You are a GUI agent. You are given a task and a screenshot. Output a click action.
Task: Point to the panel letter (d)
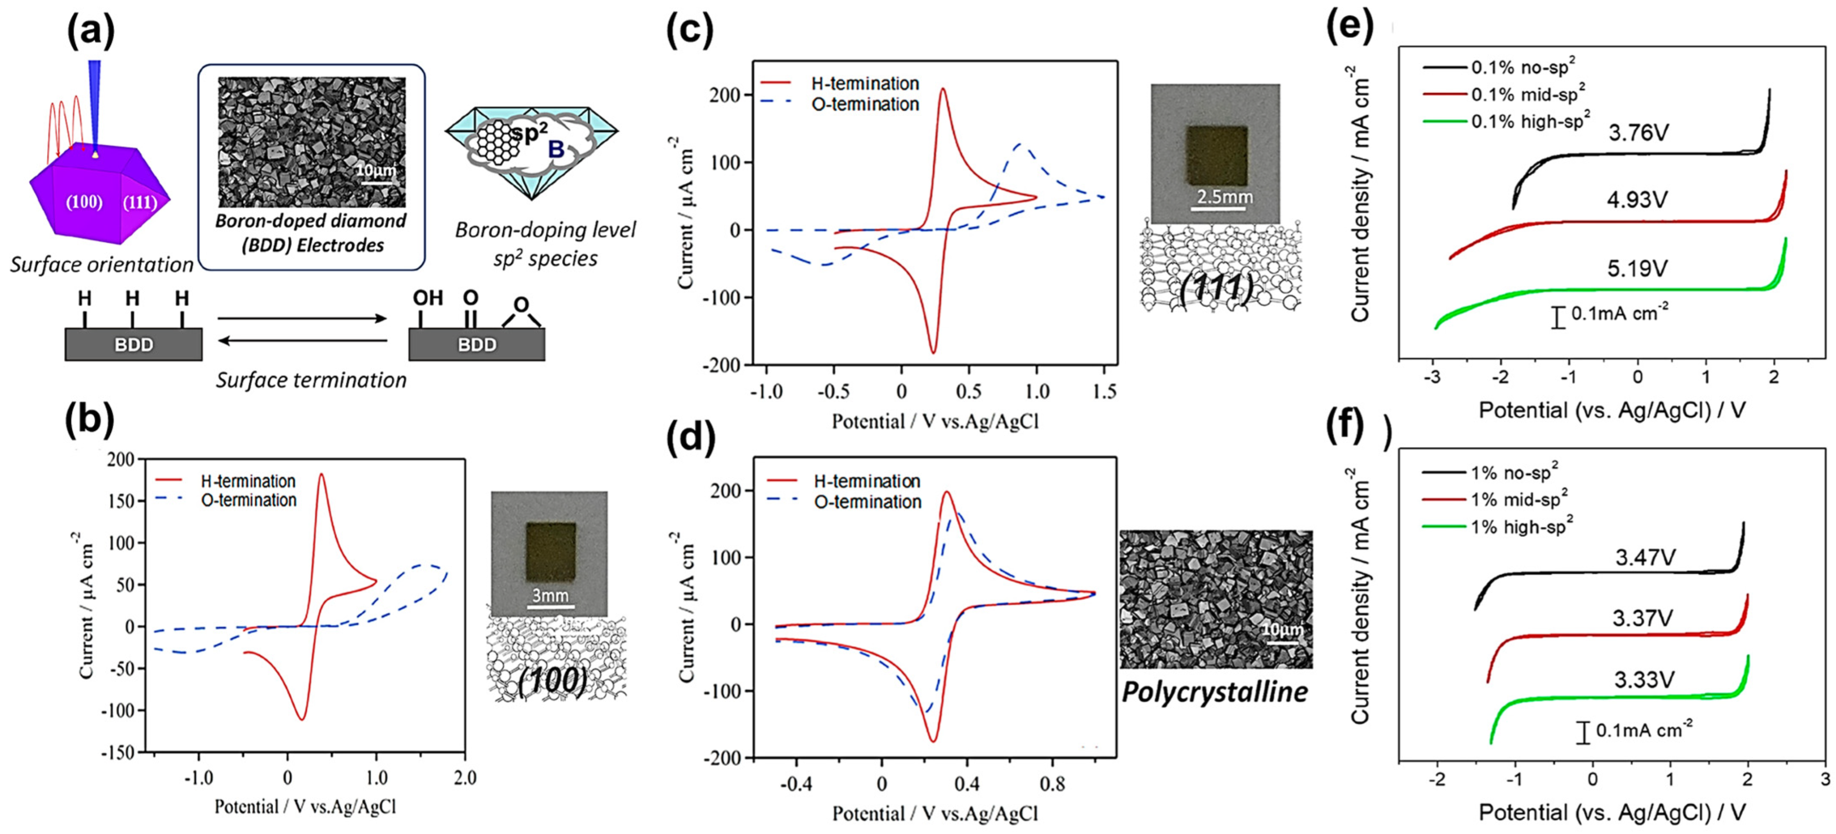click(689, 438)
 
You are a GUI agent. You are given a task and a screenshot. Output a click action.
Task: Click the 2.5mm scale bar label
click(1224, 197)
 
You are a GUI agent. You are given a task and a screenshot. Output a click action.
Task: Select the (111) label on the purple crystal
click(139, 202)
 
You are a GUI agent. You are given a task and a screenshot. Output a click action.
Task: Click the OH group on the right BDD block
click(427, 298)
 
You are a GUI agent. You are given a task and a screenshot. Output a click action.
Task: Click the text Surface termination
click(312, 380)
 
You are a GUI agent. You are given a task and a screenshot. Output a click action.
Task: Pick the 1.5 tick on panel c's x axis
click(1104, 391)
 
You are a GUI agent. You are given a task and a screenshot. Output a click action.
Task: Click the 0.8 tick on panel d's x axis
click(1052, 784)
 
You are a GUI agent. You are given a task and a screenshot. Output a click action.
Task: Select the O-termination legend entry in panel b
click(248, 500)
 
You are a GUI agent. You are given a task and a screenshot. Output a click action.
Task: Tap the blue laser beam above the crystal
click(94, 100)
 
